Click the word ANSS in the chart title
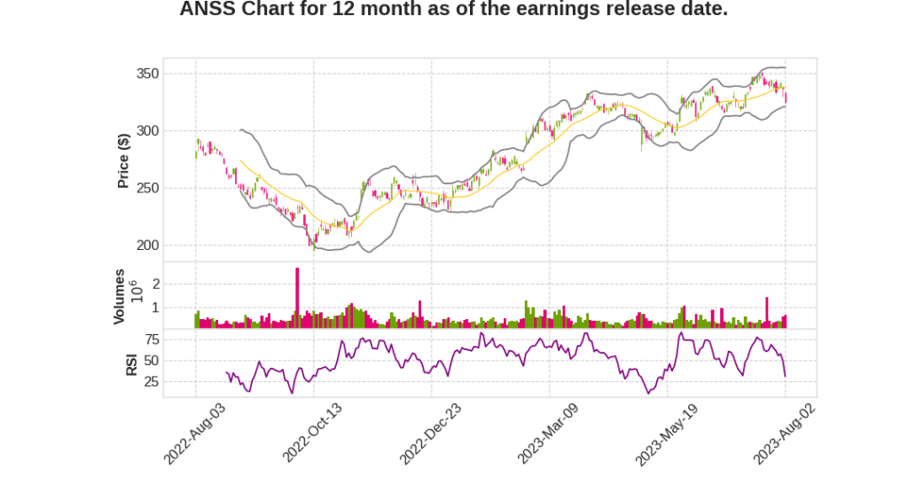207,11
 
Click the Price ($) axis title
124,160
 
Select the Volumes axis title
120,296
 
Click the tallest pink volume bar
297,298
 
